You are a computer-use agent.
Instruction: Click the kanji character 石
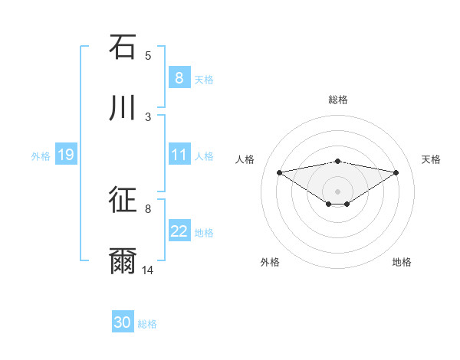(x=123, y=47)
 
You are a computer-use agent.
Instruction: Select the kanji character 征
(x=123, y=201)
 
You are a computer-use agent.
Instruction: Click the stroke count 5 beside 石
(x=148, y=55)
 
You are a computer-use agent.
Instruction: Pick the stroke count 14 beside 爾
(x=148, y=270)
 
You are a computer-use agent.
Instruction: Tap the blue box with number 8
(x=179, y=78)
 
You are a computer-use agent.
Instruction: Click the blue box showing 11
(x=179, y=155)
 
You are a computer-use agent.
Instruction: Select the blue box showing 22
(x=179, y=232)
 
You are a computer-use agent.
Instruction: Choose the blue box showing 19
(x=65, y=155)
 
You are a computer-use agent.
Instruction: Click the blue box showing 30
(x=123, y=323)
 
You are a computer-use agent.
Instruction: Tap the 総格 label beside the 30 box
(x=147, y=324)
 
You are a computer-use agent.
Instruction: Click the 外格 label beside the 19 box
(x=41, y=156)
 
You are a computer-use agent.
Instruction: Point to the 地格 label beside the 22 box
(x=204, y=233)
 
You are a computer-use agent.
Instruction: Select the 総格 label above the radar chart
(x=337, y=100)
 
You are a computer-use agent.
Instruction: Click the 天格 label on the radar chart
(x=431, y=159)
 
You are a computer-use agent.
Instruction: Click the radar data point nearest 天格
(x=396, y=172)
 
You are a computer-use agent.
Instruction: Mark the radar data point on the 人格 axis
(x=279, y=172)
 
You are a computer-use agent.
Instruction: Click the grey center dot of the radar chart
(x=337, y=191)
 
